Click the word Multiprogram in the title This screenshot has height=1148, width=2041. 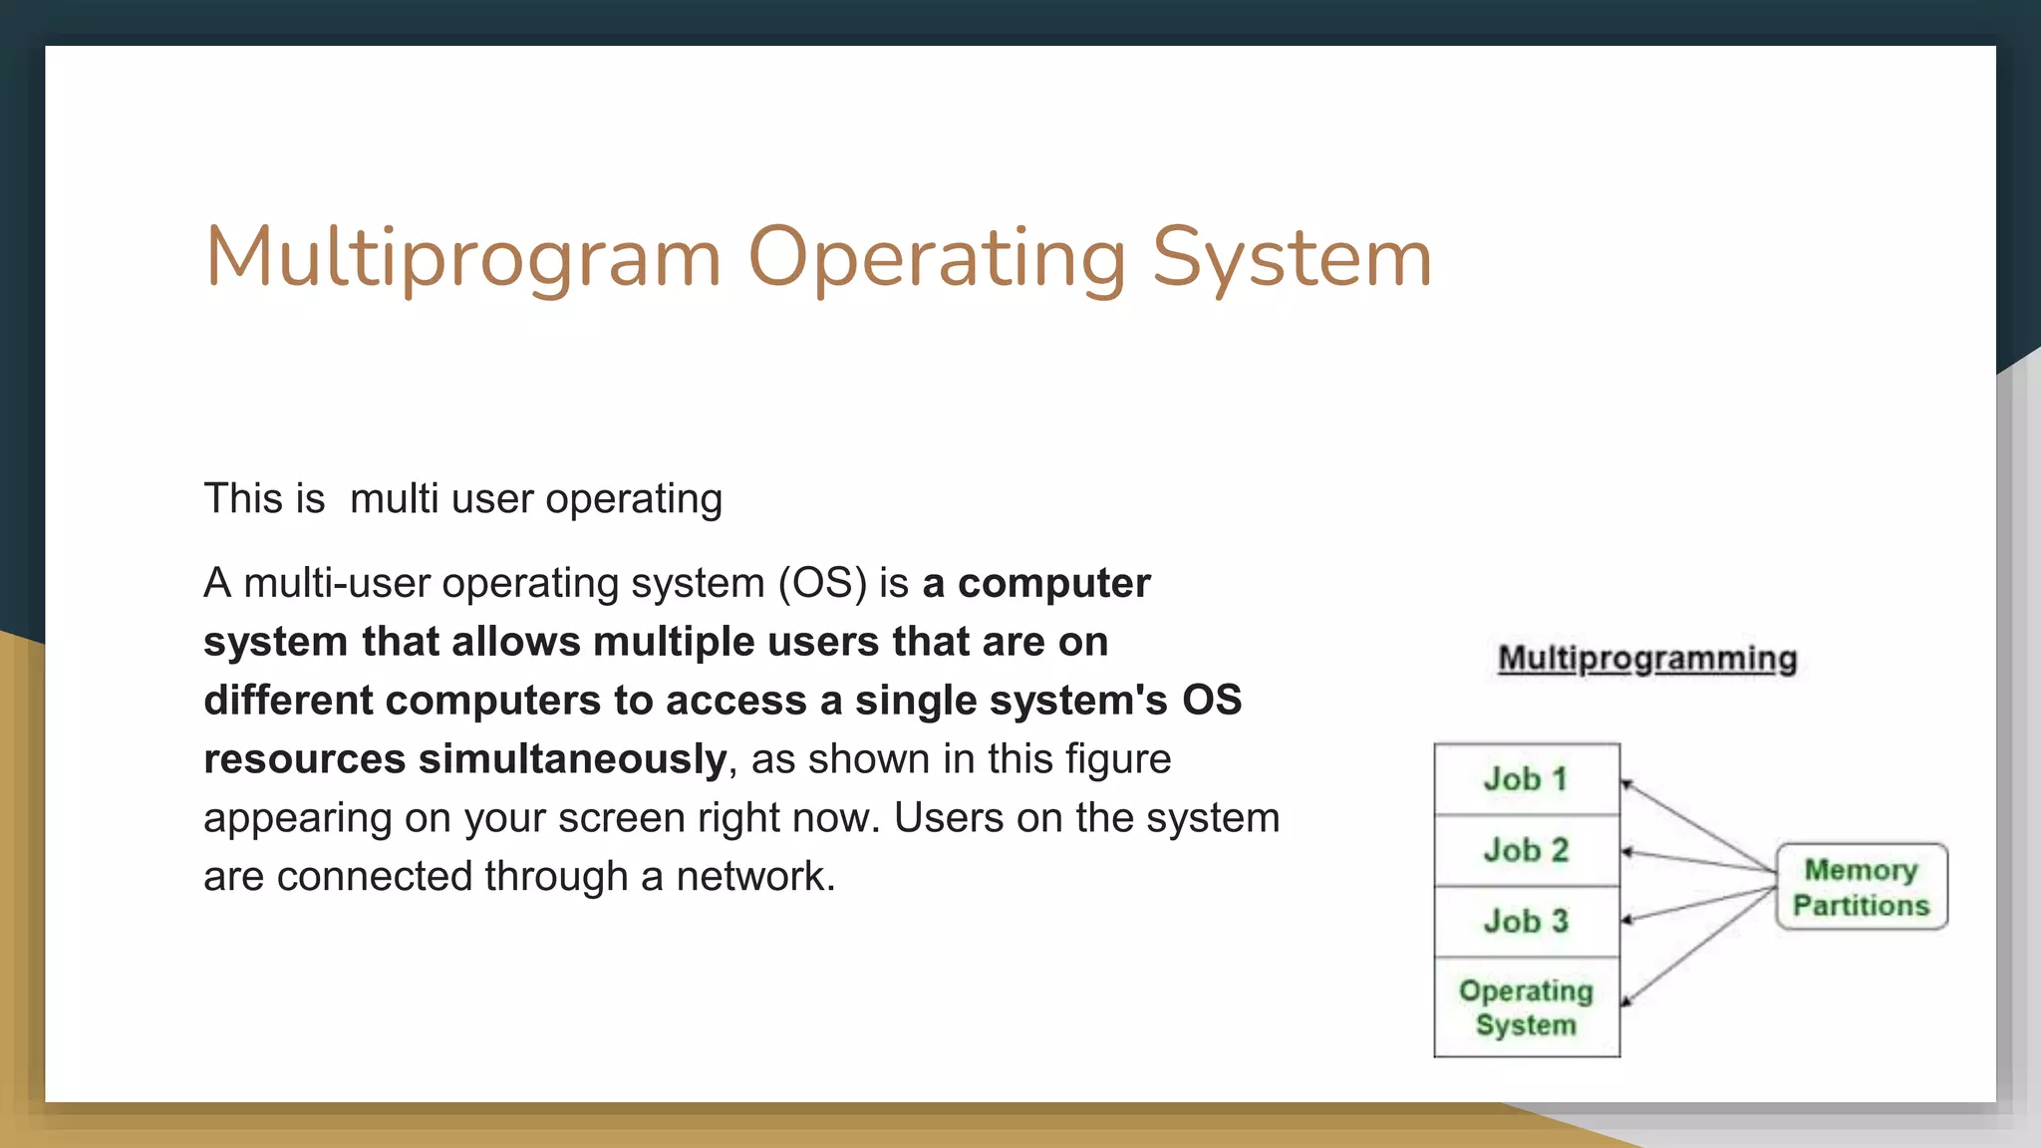click(x=462, y=257)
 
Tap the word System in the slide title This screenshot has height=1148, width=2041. click(x=1292, y=257)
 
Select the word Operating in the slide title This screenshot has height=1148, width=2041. click(x=937, y=257)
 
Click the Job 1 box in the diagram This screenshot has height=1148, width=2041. click(x=1526, y=779)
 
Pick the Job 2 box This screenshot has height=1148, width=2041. click(x=1526, y=850)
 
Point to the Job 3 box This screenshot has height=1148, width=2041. click(x=1526, y=921)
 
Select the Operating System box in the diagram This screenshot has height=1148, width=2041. click(x=1526, y=1007)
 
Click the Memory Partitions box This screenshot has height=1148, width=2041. click(x=1861, y=887)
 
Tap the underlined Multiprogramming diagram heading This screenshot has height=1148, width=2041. click(x=1647, y=659)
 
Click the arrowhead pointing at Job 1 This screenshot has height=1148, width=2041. click(x=1626, y=784)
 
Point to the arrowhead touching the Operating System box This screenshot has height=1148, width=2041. click(x=1626, y=1001)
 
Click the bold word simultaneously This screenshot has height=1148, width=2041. click(x=572, y=759)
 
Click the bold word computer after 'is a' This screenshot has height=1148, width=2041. click(x=1053, y=583)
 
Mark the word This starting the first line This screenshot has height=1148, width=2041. click(x=243, y=498)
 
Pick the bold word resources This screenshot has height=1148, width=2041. click(x=304, y=759)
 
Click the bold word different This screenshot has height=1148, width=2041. click(x=288, y=701)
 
